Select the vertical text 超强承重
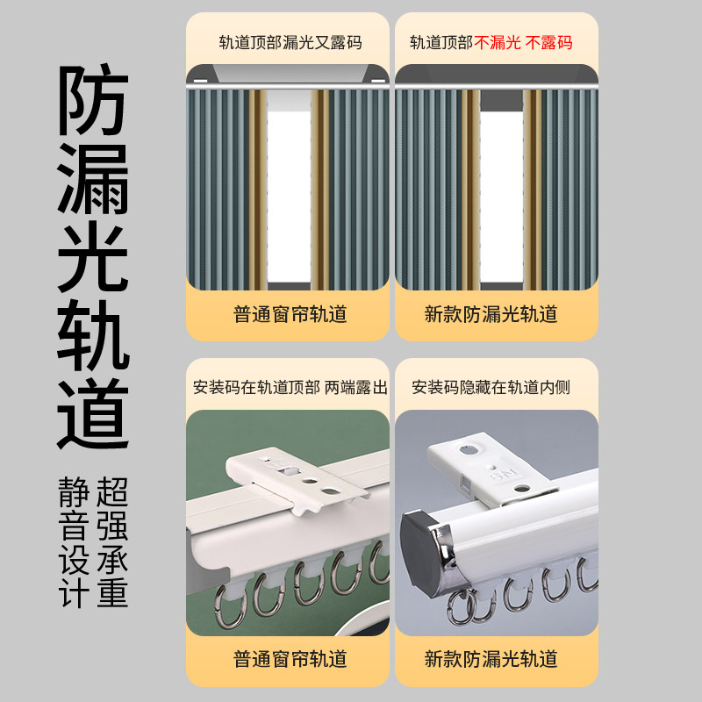[x=112, y=542]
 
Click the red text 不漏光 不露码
[x=524, y=42]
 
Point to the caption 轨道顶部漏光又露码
[x=290, y=42]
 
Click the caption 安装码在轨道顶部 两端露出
[x=290, y=387]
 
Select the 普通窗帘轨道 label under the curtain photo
[x=290, y=314]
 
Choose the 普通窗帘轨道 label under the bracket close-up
[x=290, y=658]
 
